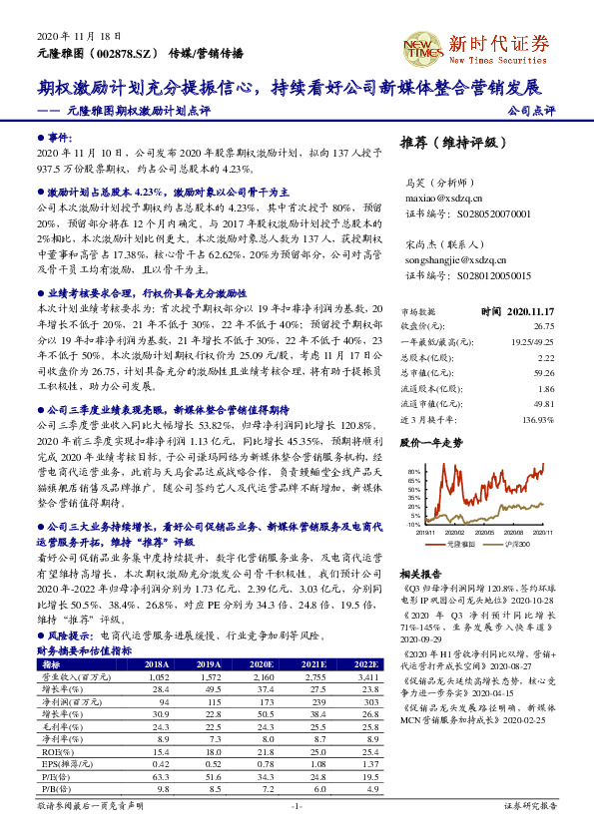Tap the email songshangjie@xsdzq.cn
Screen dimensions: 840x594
457,258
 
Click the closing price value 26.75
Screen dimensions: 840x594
543,325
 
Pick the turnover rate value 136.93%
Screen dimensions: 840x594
537,421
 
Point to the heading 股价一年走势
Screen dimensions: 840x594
430,441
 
